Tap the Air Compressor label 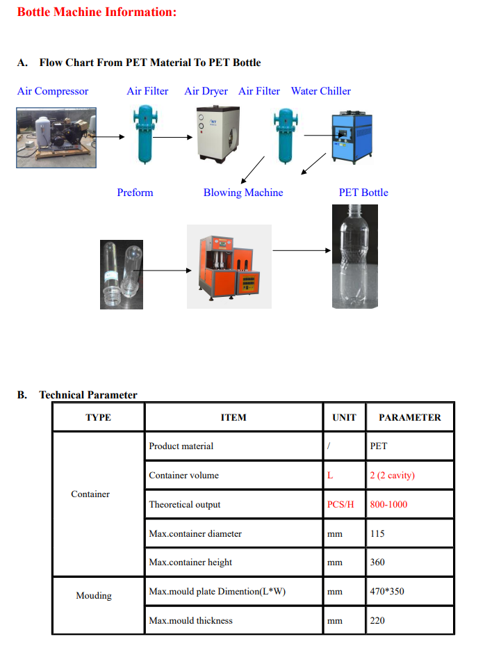coord(53,91)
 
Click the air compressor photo coord(55,137)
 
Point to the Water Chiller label coord(320,91)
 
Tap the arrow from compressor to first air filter coord(110,136)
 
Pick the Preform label coord(135,193)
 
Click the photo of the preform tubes coord(122,274)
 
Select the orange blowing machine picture coord(228,266)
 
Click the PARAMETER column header coord(409,418)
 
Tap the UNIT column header coord(344,418)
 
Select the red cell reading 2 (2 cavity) coord(392,476)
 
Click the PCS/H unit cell coord(340,505)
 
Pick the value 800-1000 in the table coord(388,505)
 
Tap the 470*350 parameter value coord(387,592)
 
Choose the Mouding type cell coord(94,596)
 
